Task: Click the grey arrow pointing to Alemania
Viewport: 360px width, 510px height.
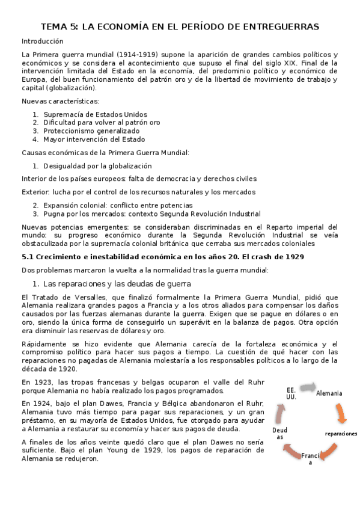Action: tap(307, 386)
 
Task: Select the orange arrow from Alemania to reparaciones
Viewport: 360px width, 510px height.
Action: tap(340, 413)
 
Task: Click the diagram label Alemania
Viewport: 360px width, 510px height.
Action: tap(329, 393)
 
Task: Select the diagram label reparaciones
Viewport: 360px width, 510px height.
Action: tap(340, 434)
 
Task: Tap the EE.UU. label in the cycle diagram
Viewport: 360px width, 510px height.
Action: tap(291, 394)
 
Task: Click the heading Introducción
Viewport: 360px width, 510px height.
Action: tap(42, 41)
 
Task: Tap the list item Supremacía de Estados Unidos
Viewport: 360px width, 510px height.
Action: tap(95, 114)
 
